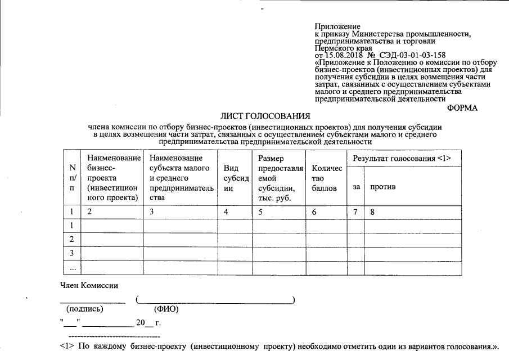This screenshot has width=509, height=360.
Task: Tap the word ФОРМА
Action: coord(462,108)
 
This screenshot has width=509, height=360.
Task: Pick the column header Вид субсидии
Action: coord(233,178)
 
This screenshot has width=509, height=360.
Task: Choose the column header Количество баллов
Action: coord(326,178)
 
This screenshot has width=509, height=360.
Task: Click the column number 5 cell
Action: coord(260,213)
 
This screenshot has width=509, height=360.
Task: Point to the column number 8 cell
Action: coord(372,213)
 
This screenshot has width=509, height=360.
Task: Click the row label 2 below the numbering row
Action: coord(72,240)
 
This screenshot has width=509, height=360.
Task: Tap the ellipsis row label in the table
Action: coord(72,268)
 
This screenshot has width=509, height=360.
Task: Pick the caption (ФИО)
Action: coord(166,309)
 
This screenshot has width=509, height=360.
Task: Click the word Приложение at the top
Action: coord(337,26)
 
